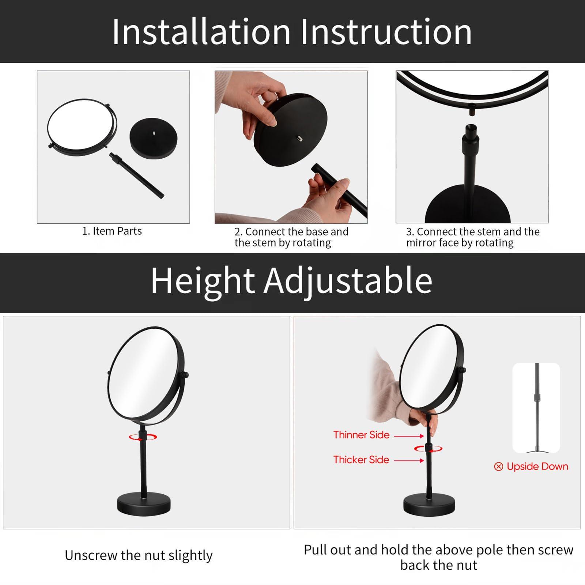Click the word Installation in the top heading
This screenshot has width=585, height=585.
point(201,32)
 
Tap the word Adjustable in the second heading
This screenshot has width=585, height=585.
point(348,281)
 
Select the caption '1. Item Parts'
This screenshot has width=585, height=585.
point(112,231)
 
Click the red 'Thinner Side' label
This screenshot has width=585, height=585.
point(361,435)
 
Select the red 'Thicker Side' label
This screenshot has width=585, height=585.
point(361,460)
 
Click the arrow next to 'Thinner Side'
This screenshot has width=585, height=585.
point(409,436)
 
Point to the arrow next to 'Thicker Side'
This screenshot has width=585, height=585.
point(409,461)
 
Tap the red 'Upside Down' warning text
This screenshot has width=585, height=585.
point(537,467)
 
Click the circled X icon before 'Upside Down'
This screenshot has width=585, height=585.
point(498,467)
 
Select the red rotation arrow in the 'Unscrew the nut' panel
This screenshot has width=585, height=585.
point(143,437)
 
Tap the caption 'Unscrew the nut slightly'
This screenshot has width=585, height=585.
point(139,555)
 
